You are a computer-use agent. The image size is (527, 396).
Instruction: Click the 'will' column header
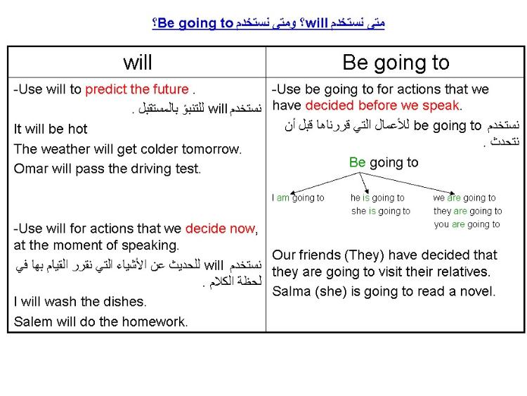pos(138,63)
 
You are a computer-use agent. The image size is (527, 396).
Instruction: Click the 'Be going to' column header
pos(396,63)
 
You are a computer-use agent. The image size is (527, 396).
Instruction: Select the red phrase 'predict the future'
pos(137,89)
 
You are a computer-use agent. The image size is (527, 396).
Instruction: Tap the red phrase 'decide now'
pos(220,229)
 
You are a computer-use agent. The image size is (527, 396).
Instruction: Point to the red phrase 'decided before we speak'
pos(382,106)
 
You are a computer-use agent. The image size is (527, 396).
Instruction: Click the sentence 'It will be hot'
pos(51,129)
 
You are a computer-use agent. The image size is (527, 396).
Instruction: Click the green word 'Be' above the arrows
pos(357,162)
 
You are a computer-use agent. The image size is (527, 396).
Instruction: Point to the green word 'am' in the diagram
pos(282,198)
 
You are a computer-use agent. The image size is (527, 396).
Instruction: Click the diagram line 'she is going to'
pos(381,211)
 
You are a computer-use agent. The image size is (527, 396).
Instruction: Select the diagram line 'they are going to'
pos(467,211)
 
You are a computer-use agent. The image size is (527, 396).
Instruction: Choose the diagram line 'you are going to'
pos(467,224)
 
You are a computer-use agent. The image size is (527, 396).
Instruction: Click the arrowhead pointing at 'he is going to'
pos(367,191)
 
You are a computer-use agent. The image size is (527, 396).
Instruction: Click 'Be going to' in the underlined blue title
pos(195,23)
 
